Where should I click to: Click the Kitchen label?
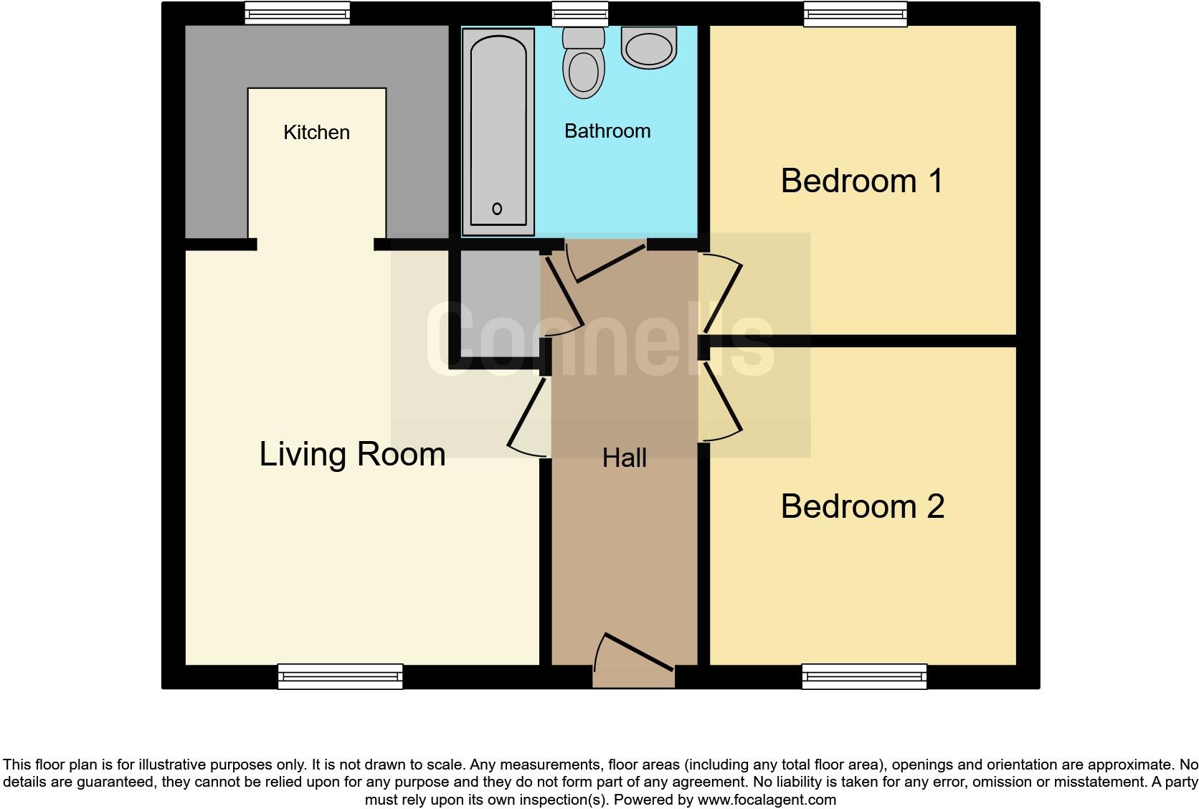[x=316, y=133]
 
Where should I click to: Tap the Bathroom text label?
[x=607, y=131]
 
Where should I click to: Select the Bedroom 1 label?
[x=861, y=181]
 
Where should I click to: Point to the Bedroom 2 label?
[x=862, y=506]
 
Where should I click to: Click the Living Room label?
[x=352, y=454]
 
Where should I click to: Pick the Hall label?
[x=624, y=458]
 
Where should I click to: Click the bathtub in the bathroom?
[x=498, y=129]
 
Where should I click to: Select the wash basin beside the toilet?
[x=649, y=47]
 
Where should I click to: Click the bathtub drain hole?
[x=497, y=209]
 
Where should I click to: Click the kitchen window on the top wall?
[x=297, y=13]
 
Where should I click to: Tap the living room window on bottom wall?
[x=340, y=676]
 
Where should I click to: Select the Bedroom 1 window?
[x=855, y=13]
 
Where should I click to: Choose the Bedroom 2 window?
[x=864, y=676]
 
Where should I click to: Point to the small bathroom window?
[x=579, y=13]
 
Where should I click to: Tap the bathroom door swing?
[x=602, y=262]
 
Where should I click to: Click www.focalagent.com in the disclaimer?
[x=767, y=799]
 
